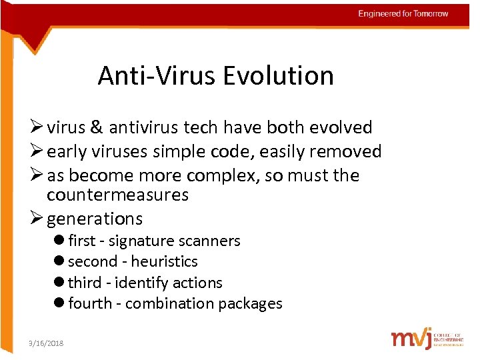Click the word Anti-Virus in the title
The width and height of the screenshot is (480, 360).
pos(157,76)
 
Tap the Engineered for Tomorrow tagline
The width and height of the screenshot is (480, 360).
pos(403,13)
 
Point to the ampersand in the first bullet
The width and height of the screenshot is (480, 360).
pos(95,127)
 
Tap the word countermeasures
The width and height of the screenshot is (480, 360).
pos(117,195)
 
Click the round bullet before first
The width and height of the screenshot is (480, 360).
pos(60,241)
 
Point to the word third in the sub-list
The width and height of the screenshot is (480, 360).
pos(85,283)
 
